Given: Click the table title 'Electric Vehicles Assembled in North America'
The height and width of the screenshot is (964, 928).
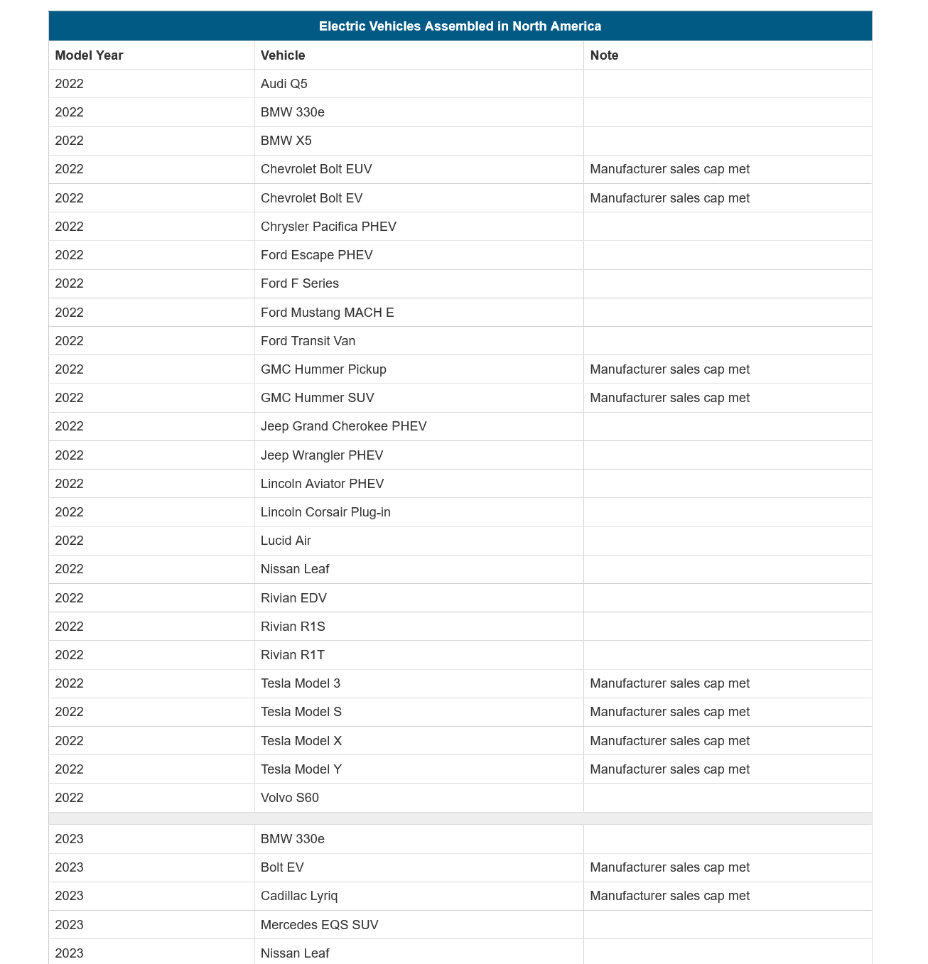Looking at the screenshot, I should (x=460, y=26).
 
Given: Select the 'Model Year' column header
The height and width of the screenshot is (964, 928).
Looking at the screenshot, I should (x=89, y=55).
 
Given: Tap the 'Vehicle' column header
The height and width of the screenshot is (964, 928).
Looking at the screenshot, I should (x=283, y=55).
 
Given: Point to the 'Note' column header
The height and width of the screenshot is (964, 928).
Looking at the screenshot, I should (x=604, y=55).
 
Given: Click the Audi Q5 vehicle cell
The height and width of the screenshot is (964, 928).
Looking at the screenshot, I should (x=284, y=84).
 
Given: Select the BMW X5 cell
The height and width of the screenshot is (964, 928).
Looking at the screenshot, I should (x=286, y=141).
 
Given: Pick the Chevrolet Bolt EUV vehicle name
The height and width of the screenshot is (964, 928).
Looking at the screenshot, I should (x=316, y=169).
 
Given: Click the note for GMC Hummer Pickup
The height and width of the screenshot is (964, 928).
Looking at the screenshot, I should (x=669, y=369).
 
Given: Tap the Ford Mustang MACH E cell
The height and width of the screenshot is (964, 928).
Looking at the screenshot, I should (x=327, y=313).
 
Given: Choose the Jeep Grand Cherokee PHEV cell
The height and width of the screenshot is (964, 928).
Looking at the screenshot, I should (x=344, y=426).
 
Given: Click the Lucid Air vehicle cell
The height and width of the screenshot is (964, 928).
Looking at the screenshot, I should (x=286, y=541).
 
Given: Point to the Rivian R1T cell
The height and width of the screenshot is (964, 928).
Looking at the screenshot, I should (x=293, y=655).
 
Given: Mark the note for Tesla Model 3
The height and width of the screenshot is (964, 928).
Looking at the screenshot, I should (x=669, y=683).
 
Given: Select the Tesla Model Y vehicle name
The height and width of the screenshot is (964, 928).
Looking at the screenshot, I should (x=301, y=769).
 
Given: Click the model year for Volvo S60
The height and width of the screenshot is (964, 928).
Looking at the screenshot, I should (x=70, y=798).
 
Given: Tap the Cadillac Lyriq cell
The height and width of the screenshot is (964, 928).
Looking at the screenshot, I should (x=299, y=896).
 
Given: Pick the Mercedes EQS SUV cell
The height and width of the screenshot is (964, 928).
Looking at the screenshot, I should (x=320, y=925).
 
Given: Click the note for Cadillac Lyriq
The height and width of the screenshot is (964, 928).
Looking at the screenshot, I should (x=669, y=896).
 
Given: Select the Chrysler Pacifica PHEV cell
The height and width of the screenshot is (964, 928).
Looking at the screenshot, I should (x=328, y=227).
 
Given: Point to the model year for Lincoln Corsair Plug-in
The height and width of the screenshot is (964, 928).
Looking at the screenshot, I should (x=70, y=512).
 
